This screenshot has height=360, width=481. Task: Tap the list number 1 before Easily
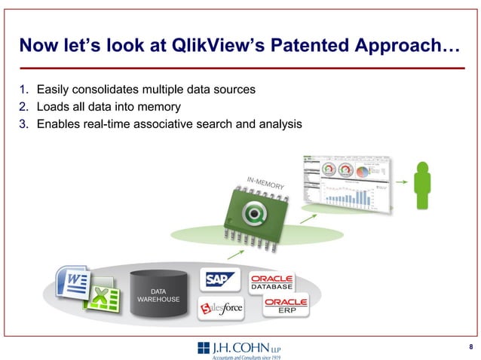24,90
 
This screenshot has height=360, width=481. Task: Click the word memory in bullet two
158,107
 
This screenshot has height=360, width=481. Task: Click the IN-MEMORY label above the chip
265,182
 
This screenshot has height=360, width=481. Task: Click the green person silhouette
422,185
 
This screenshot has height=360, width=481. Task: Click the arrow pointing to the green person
401,181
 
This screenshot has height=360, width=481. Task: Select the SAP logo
219,279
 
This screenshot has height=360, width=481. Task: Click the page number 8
470,346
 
